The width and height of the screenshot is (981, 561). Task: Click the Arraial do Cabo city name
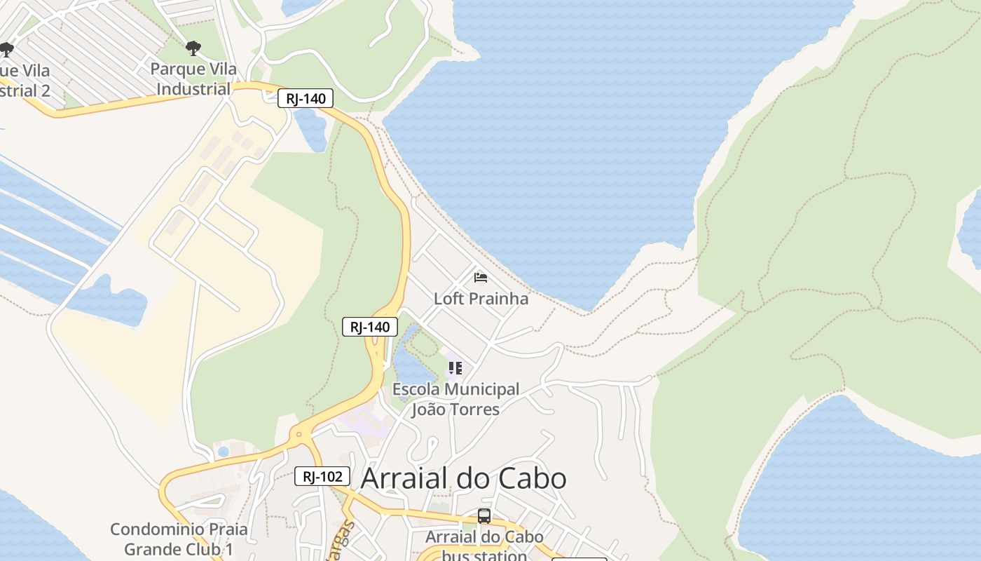463,478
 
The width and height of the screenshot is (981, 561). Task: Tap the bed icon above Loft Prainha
481,278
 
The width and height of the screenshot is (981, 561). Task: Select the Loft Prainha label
481,299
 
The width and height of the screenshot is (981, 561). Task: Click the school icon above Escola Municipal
455,367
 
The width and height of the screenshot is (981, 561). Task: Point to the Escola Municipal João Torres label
455,399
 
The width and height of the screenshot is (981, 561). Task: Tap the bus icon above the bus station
484,516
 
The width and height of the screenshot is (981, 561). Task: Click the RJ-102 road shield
322,477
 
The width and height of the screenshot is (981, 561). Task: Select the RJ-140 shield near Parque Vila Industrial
306,98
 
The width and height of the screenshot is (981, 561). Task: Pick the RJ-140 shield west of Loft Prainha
370,327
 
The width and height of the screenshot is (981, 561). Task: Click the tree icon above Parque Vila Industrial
193,48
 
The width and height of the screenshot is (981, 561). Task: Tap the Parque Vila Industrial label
193,79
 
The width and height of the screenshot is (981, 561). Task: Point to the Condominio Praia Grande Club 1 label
179,539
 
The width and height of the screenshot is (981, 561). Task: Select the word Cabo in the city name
532,478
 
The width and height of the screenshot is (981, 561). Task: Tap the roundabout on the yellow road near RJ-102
299,434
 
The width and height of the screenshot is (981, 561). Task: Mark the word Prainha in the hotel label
500,299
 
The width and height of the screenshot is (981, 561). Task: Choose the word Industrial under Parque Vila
193,89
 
